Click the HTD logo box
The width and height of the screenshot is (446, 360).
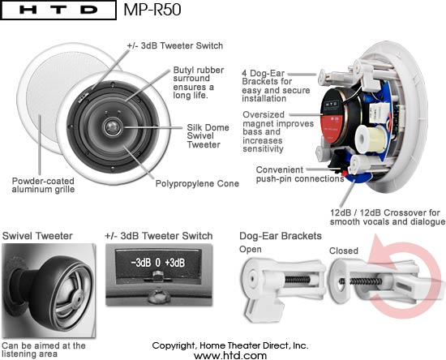(58, 10)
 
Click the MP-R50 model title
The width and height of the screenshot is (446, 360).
(152, 10)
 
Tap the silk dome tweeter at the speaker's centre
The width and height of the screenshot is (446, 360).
(112, 126)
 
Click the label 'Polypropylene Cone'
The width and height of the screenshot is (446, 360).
(197, 184)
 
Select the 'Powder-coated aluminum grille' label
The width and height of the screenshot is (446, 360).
(43, 185)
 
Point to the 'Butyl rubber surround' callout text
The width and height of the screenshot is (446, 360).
(199, 83)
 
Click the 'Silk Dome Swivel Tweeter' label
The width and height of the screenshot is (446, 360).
(208, 136)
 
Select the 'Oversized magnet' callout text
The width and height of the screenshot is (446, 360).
(278, 131)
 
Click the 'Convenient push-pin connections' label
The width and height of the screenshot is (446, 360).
(300, 174)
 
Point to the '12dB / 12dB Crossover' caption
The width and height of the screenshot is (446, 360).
(388, 217)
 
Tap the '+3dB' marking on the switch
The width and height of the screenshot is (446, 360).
(175, 263)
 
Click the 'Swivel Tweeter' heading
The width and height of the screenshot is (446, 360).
(37, 236)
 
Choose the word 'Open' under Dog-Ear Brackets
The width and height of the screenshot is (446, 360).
(251, 250)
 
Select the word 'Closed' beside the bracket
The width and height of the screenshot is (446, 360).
(344, 251)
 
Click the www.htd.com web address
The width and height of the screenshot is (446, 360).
(230, 355)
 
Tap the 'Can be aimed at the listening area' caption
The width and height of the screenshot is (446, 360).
(44, 349)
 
